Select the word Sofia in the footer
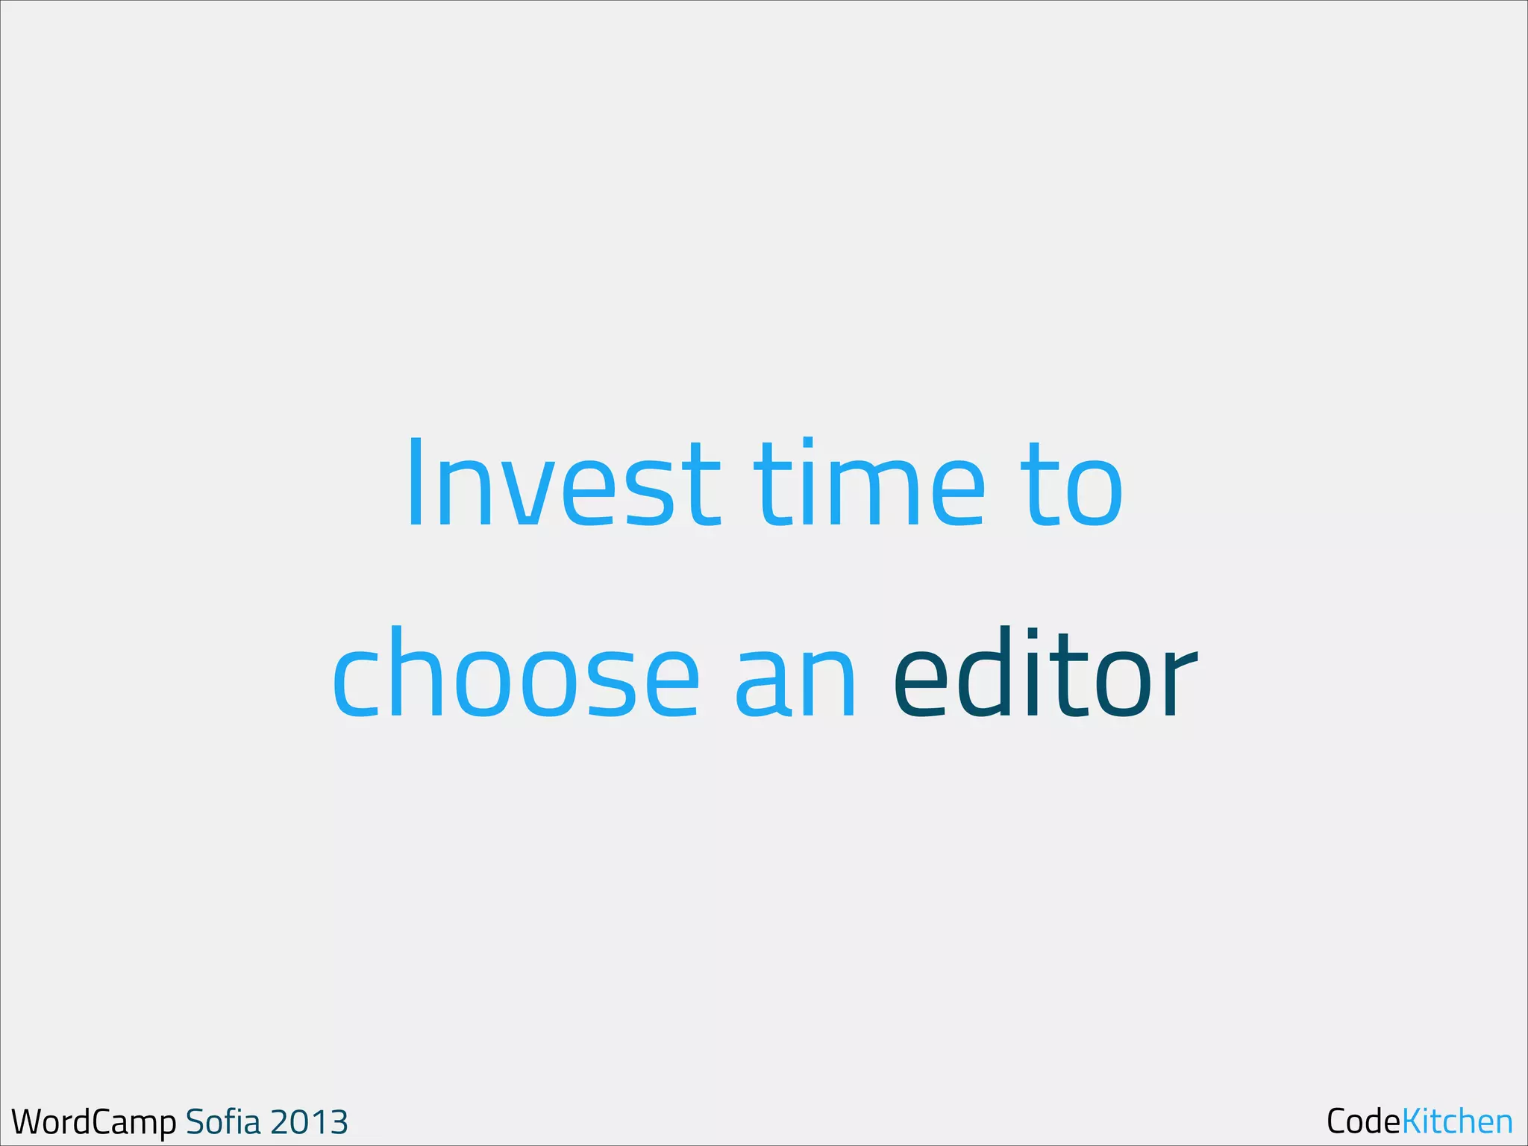(x=223, y=1121)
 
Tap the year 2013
(x=309, y=1122)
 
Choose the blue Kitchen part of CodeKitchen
(x=1457, y=1121)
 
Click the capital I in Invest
(x=416, y=483)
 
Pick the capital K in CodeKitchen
(x=1412, y=1121)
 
